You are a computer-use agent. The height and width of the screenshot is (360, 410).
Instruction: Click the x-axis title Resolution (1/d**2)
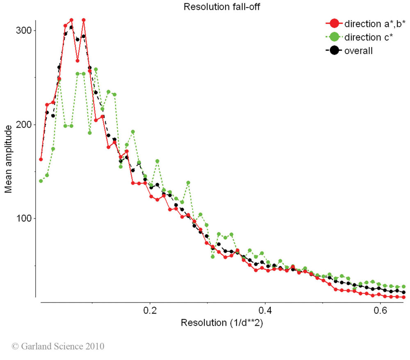click(221, 323)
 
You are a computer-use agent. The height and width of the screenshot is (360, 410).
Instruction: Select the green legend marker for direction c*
click(334, 37)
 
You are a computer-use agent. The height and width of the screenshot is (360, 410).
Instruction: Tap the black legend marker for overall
click(334, 51)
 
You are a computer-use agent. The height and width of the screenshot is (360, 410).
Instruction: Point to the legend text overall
click(358, 51)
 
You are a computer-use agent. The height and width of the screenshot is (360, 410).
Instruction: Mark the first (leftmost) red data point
click(41, 159)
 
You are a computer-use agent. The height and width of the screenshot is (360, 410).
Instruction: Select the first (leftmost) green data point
click(41, 181)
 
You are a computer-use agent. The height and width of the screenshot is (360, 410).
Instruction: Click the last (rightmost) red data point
click(403, 297)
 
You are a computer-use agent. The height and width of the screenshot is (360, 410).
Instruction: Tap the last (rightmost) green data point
click(403, 286)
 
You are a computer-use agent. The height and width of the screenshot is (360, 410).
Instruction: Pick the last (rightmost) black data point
click(403, 292)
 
